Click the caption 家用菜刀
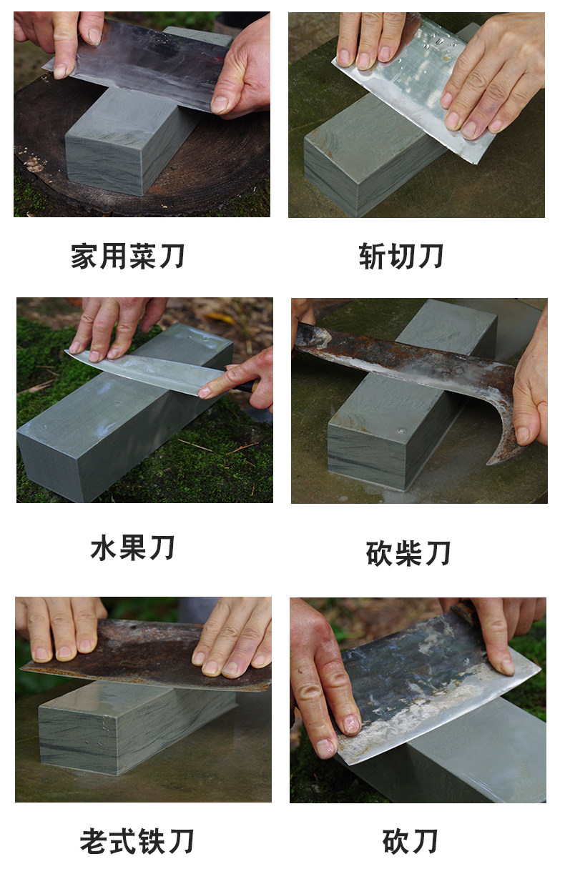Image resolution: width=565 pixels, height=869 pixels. (x=127, y=256)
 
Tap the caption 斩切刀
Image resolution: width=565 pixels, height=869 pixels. (x=401, y=256)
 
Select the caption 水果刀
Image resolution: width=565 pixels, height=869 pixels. (x=132, y=547)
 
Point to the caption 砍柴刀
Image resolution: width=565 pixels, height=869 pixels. (x=408, y=553)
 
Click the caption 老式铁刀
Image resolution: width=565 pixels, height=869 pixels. (x=137, y=840)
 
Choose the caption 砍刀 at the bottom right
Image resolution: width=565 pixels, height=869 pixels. (x=410, y=840)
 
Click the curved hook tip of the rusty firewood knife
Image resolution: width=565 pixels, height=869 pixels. (x=490, y=462)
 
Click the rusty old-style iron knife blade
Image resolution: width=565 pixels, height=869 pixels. (x=147, y=655)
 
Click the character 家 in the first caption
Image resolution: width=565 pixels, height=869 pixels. (x=84, y=256)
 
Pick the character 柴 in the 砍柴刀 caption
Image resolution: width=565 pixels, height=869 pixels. (x=408, y=553)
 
